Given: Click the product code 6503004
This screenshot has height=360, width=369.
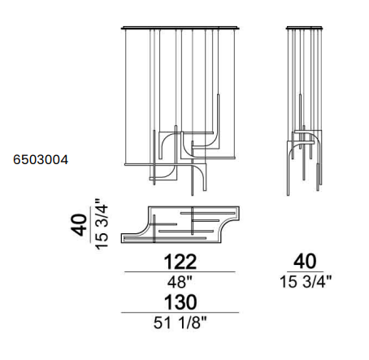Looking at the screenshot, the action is [x=41, y=159].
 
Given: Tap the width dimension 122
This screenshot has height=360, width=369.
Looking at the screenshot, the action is [x=180, y=262].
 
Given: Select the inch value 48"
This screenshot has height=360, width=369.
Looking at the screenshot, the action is [x=180, y=282].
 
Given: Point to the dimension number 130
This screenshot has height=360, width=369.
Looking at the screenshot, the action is [x=180, y=302].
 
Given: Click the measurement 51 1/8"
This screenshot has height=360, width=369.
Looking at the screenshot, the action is [x=180, y=323].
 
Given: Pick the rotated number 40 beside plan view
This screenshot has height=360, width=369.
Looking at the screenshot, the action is [x=79, y=225].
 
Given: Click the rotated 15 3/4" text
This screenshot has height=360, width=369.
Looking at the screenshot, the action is [x=102, y=224].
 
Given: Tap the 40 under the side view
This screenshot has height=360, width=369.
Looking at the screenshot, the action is [x=305, y=261].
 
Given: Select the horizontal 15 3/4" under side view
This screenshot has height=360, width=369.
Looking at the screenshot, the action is [x=306, y=282].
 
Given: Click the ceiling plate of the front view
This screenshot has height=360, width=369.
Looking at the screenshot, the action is [x=180, y=28].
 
